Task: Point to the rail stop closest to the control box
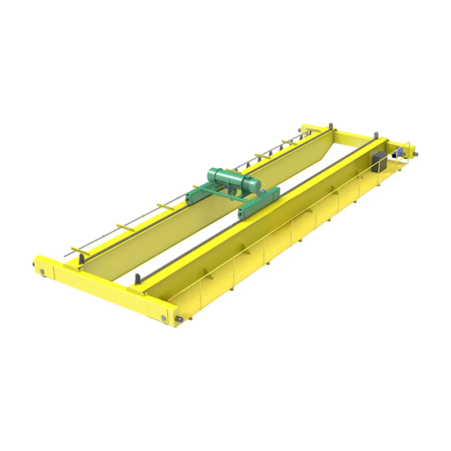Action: (x=376, y=136)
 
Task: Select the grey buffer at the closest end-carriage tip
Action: (x=179, y=321)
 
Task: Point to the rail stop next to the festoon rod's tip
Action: (x=82, y=260)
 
